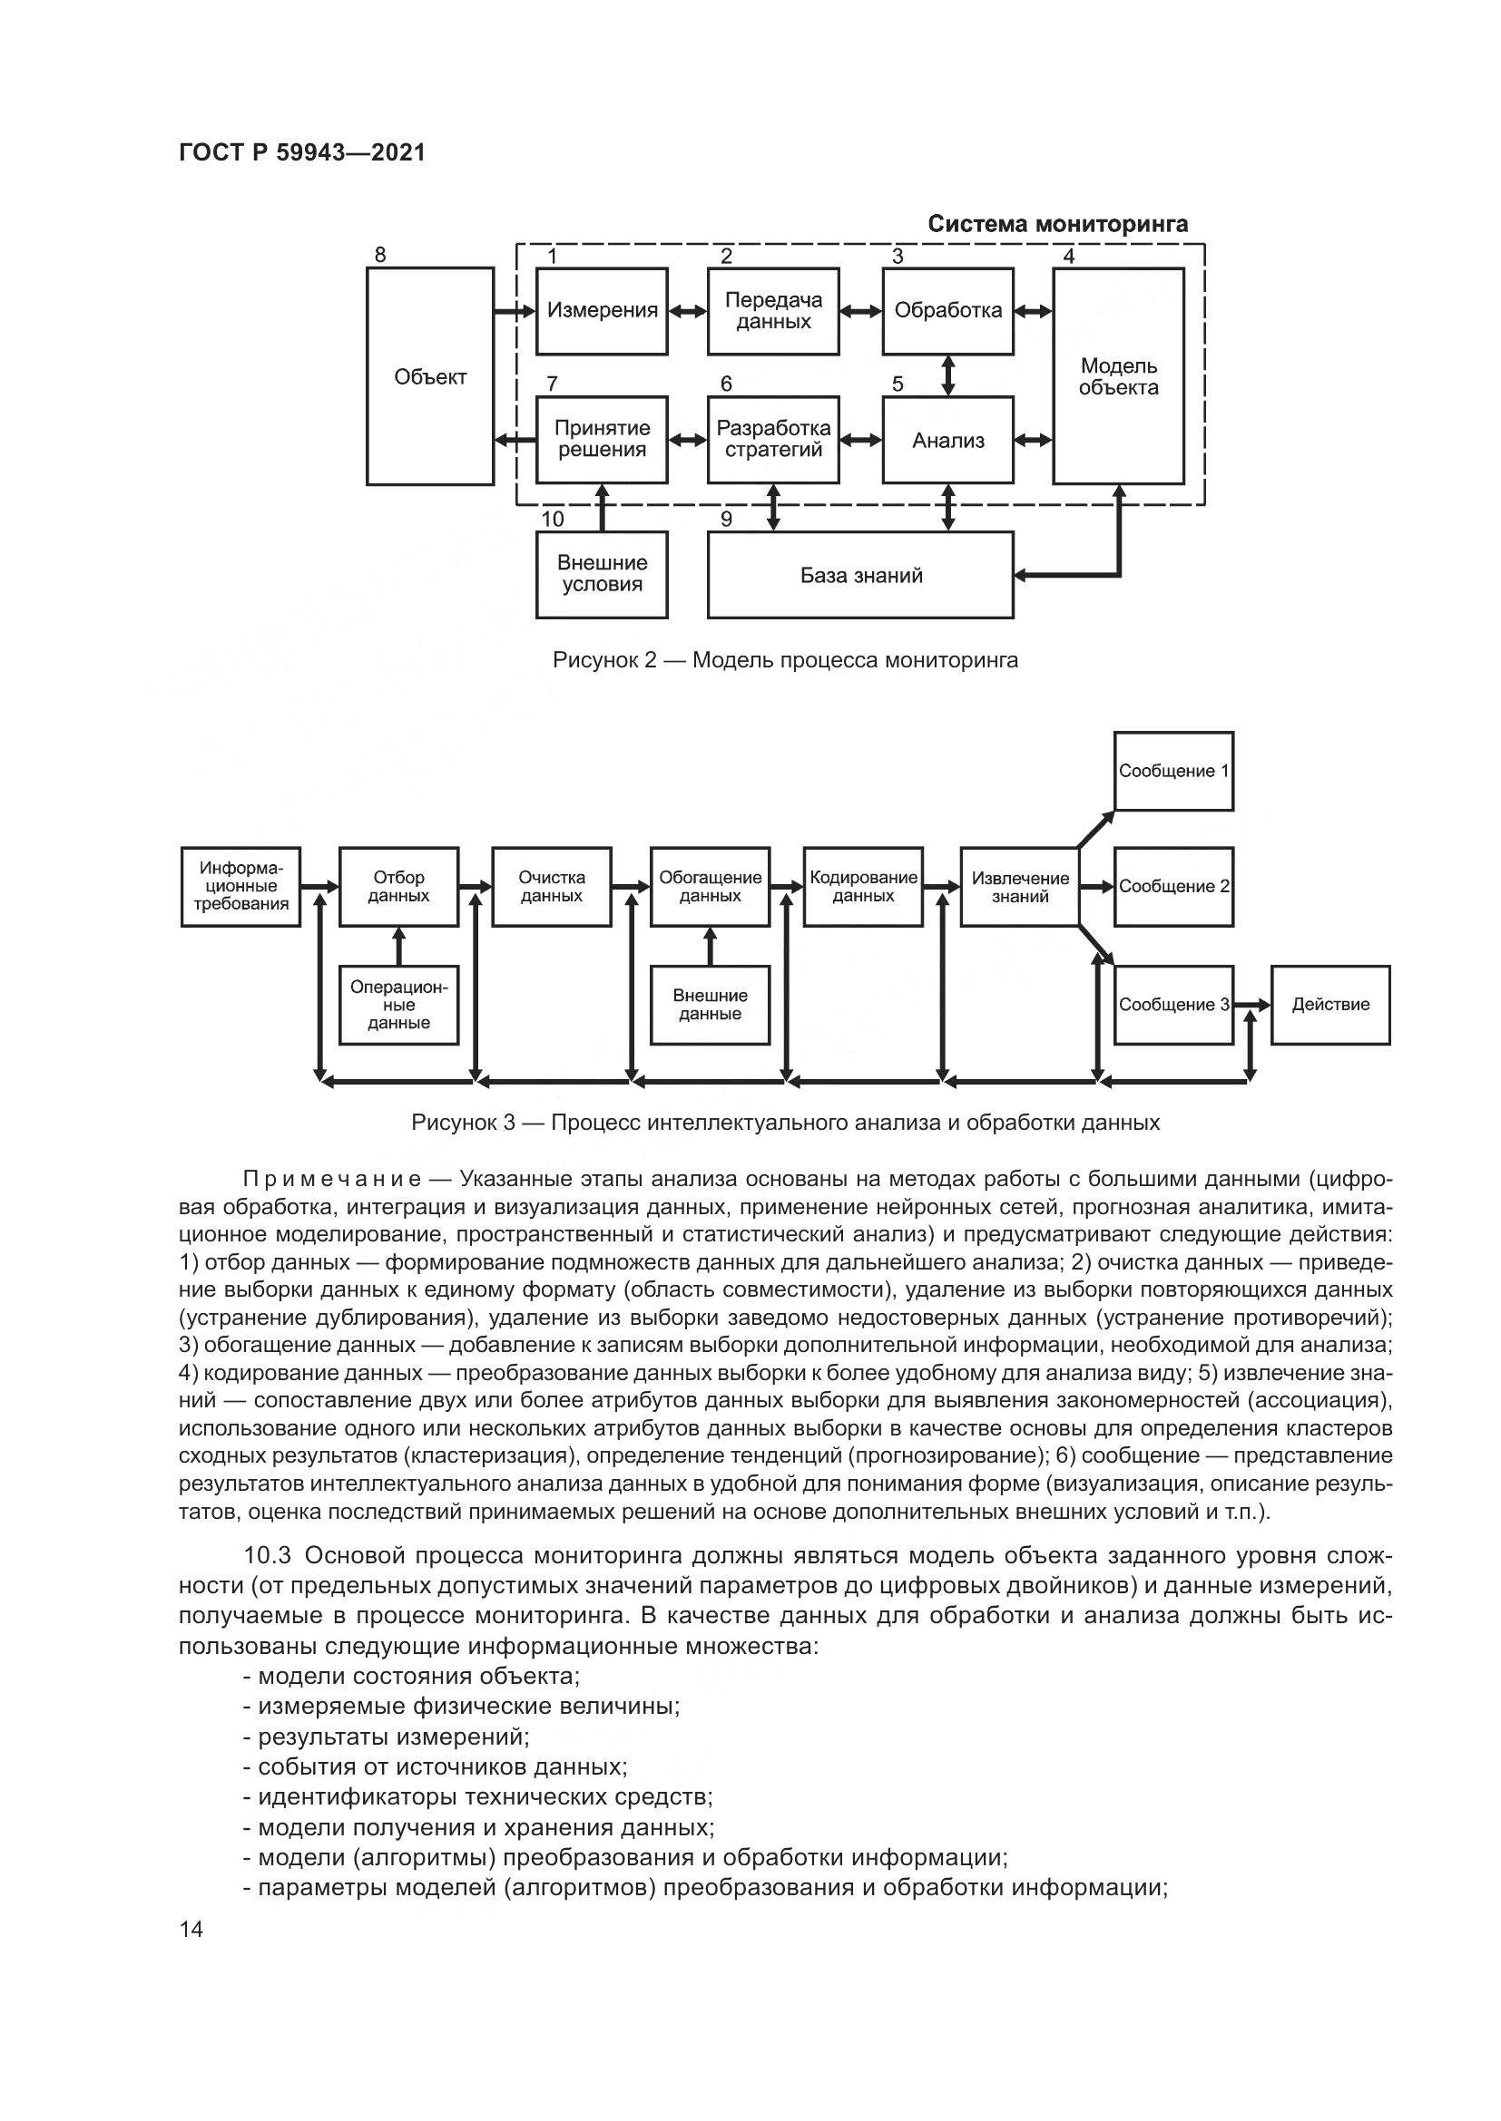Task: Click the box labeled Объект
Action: (x=430, y=376)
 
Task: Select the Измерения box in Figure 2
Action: (x=602, y=311)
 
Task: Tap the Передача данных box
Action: (x=772, y=311)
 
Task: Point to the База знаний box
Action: (x=859, y=575)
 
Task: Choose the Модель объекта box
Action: (x=1117, y=376)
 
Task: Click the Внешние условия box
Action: (x=602, y=574)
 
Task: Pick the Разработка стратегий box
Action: (x=772, y=440)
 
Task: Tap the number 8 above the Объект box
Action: (x=380, y=255)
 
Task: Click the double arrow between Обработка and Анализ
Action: (x=947, y=376)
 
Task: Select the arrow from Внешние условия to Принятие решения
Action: (x=603, y=507)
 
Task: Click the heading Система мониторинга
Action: (x=1057, y=224)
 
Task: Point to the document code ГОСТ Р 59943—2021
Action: (x=302, y=152)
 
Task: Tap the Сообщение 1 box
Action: (x=1172, y=771)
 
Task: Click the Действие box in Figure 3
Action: (x=1330, y=1004)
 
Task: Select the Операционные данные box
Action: (x=398, y=1004)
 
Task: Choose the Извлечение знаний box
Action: (x=1019, y=886)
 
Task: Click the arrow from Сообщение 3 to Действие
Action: (x=1251, y=1004)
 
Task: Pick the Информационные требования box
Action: (x=240, y=886)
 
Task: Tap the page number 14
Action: (x=191, y=1929)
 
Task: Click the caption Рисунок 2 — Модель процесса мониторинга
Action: (x=785, y=659)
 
